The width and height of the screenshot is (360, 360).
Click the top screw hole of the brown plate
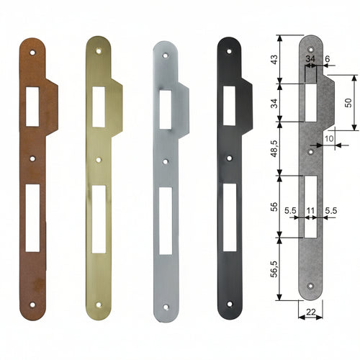click(32, 52)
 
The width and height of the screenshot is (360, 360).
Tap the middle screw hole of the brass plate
click(99, 160)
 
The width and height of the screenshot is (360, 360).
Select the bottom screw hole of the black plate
click(230, 304)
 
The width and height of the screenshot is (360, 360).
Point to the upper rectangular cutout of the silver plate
click(166, 109)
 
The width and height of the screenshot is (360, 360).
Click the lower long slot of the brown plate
click(32, 218)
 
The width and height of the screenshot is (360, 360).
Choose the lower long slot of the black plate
click(230, 217)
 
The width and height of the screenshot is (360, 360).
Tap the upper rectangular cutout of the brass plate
click(99, 107)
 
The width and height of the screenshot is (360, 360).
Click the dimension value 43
click(274, 59)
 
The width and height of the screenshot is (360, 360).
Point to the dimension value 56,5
click(274, 269)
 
